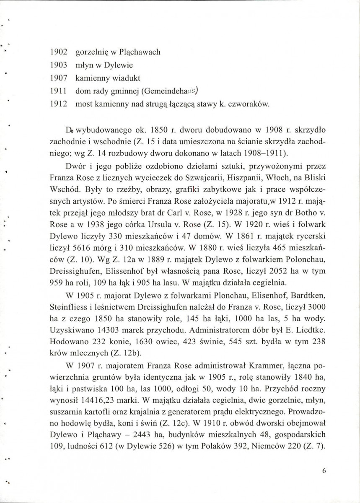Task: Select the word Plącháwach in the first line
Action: [x=142, y=53]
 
